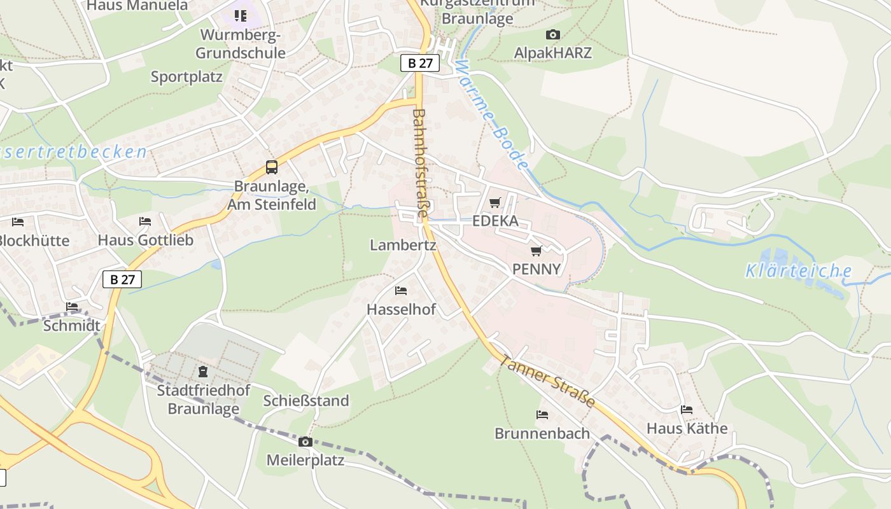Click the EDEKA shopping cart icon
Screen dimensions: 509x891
[495, 202]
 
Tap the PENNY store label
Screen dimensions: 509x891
[537, 269]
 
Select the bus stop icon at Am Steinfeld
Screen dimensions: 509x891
[272, 167]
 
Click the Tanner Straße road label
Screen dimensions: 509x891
[547, 380]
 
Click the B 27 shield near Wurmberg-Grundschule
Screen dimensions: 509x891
[420, 63]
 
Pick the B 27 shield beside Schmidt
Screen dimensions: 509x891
[122, 279]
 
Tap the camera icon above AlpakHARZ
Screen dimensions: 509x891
[553, 34]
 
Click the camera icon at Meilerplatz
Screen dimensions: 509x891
[305, 442]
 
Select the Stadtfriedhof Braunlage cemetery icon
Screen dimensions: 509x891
[203, 371]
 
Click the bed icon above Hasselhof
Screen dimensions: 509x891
[401, 291]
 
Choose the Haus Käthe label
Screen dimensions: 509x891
[687, 428]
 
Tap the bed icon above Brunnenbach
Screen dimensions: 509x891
[542, 415]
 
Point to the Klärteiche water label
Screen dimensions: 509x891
[798, 272]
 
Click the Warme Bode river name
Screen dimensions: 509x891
[493, 115]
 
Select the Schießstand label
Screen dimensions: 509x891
[306, 401]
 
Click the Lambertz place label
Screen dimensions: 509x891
[403, 245]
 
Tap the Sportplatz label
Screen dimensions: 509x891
[186, 77]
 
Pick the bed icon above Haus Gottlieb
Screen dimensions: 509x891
[145, 221]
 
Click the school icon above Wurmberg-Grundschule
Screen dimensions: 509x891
[240, 15]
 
